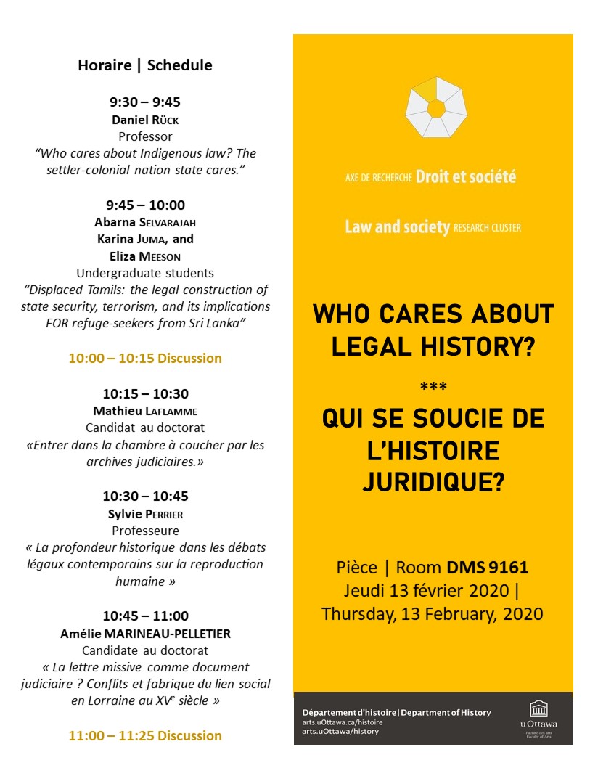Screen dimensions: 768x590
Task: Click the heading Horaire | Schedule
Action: tap(145, 65)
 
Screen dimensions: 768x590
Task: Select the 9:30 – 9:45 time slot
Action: tap(145, 102)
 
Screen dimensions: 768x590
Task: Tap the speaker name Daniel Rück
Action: tap(145, 119)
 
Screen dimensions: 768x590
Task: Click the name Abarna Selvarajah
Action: tap(145, 222)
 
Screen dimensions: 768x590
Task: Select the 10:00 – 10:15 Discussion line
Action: tap(145, 359)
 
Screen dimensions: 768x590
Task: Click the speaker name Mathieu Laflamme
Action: tap(145, 411)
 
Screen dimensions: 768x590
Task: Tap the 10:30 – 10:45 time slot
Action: tap(145, 497)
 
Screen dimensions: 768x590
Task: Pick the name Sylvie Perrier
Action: tap(145, 514)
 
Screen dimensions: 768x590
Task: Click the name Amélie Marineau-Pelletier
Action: tap(145, 634)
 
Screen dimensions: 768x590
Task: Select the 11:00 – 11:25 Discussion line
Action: tap(145, 736)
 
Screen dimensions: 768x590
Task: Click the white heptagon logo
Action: tap(435, 108)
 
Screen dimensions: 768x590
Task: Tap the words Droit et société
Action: tap(466, 176)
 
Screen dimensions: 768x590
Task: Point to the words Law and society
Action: tap(397, 227)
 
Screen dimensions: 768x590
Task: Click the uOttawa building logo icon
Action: tap(538, 709)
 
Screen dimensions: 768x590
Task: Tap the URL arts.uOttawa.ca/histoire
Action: tap(343, 722)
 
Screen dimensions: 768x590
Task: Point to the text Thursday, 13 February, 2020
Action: tap(433, 614)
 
